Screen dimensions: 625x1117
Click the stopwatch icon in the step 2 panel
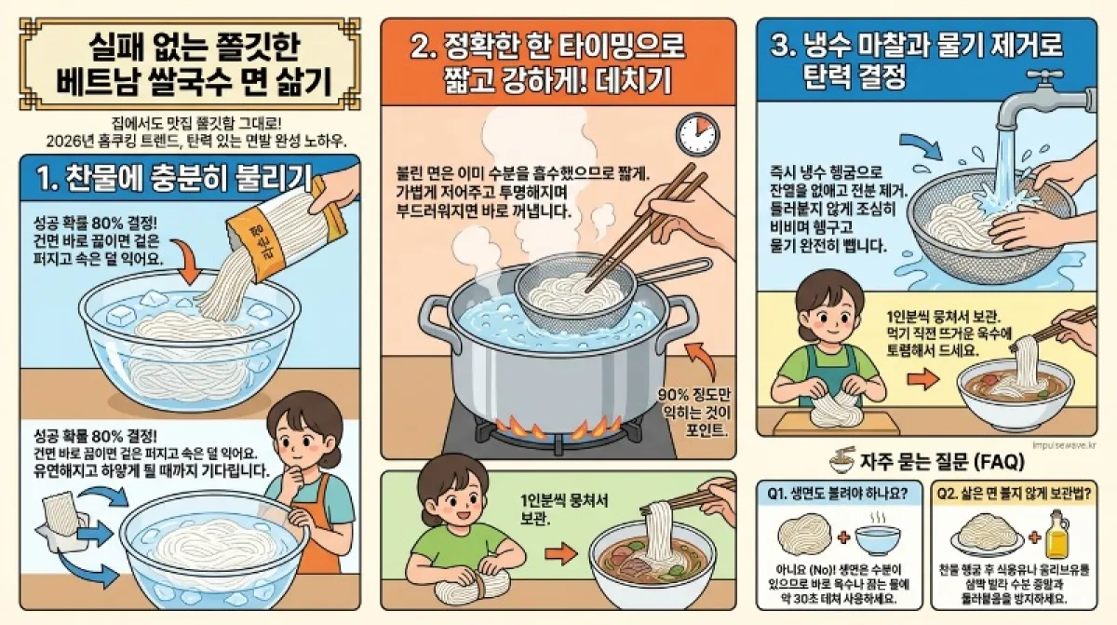[697, 134]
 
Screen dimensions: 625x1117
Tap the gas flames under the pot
[556, 428]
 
